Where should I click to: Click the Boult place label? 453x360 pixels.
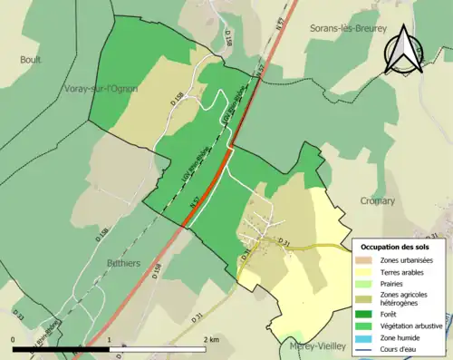pyautogui.click(x=31, y=60)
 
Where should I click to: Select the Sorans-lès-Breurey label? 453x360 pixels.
pyautogui.click(x=346, y=28)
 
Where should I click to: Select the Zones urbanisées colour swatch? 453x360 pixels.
pyautogui.click(x=366, y=260)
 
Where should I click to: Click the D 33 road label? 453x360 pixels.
pyautogui.click(x=19, y=316)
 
